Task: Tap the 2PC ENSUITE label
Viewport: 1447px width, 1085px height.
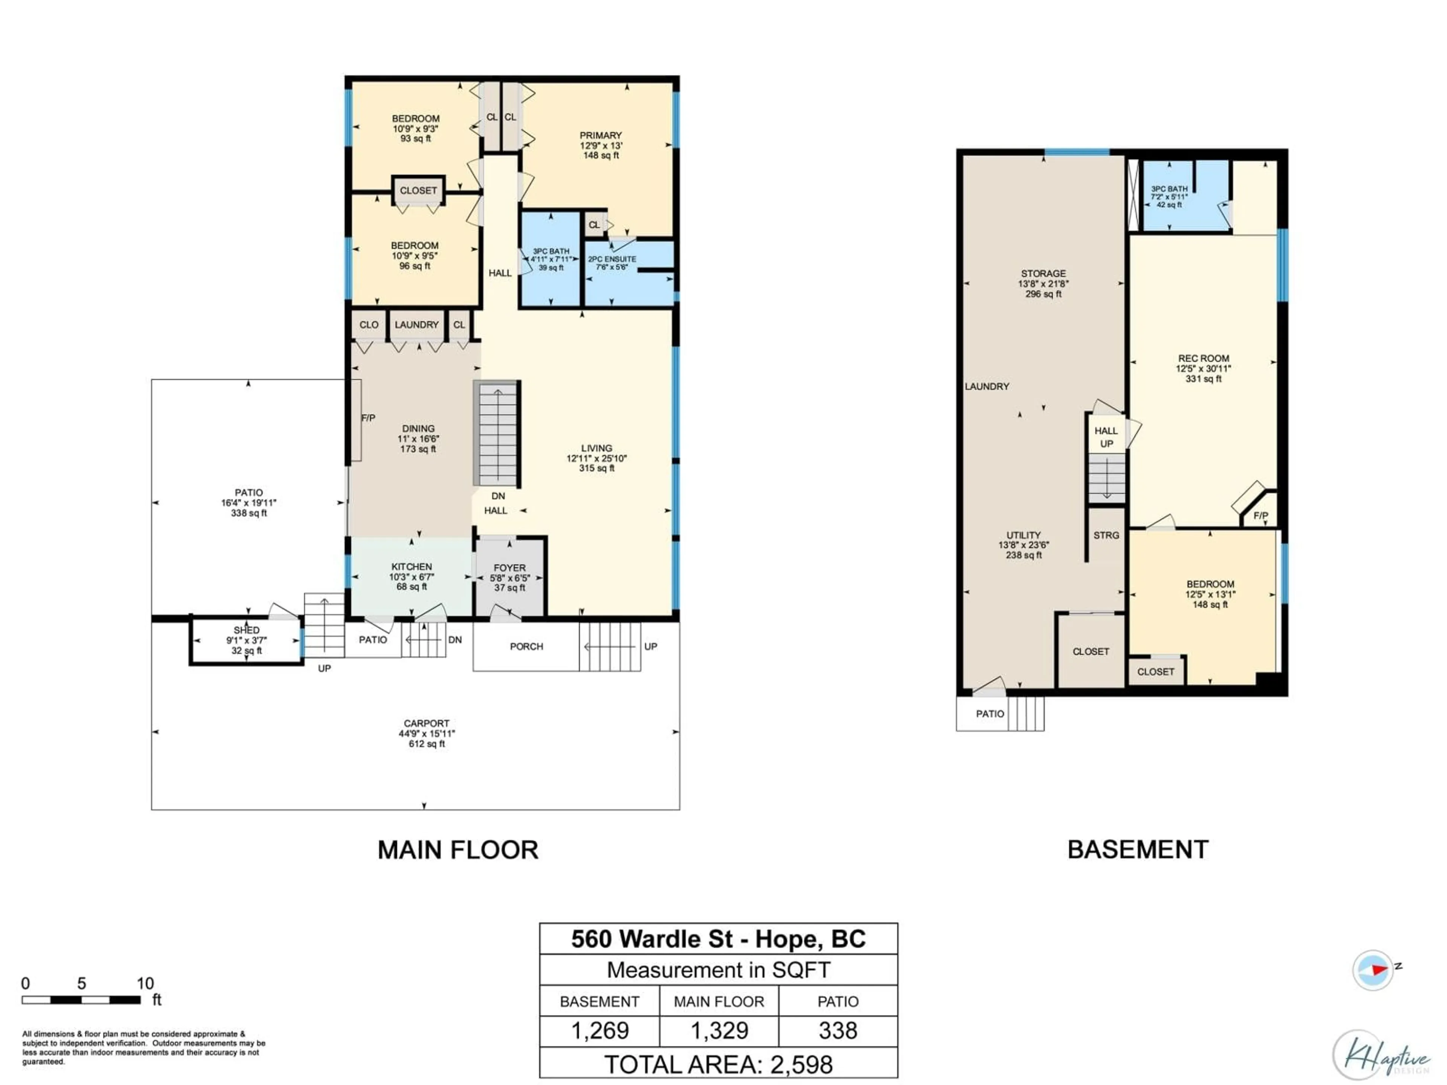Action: pyautogui.click(x=612, y=259)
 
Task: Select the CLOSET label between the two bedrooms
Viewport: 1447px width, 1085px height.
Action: pyautogui.click(x=418, y=190)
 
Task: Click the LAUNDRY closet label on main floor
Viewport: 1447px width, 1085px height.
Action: pyautogui.click(x=417, y=324)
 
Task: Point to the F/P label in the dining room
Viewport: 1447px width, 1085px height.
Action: pyautogui.click(x=368, y=418)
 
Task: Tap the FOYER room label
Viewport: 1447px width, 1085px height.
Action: pyautogui.click(x=509, y=568)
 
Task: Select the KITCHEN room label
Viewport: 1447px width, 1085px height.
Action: pyautogui.click(x=411, y=566)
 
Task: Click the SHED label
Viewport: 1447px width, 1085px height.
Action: pyautogui.click(x=246, y=630)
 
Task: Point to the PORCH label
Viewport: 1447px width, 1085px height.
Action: pyautogui.click(x=526, y=646)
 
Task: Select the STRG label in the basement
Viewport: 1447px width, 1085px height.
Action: pyautogui.click(x=1106, y=535)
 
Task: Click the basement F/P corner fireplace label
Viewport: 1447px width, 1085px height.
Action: pyautogui.click(x=1260, y=515)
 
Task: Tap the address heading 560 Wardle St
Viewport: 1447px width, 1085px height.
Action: pyautogui.click(x=718, y=939)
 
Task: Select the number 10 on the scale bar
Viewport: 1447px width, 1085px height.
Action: pyautogui.click(x=145, y=983)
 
